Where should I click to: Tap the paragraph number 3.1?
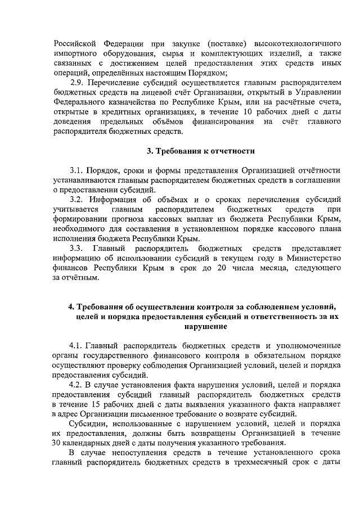(x=77, y=170)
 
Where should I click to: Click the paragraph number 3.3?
(x=77, y=248)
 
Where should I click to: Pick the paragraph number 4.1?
(x=76, y=345)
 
